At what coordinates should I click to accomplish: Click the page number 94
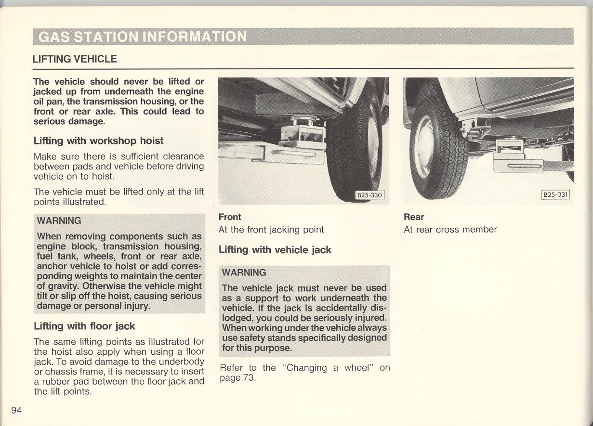tap(16, 410)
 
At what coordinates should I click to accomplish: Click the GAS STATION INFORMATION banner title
tap(142, 37)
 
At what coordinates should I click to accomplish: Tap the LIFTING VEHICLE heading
tap(75, 59)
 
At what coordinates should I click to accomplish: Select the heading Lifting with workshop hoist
tap(98, 141)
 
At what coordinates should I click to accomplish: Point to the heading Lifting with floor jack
tap(84, 326)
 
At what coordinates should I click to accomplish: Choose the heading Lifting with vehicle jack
tap(275, 250)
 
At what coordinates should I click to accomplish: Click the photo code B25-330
tap(369, 195)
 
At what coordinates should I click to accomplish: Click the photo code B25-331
tap(555, 195)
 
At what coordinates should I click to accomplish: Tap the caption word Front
tap(230, 217)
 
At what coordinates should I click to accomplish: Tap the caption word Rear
tap(414, 217)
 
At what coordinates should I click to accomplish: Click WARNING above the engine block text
tap(59, 221)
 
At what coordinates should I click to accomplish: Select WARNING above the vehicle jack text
tap(244, 272)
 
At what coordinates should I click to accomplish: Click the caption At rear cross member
tap(450, 230)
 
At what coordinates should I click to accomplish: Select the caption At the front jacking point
tap(271, 230)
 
